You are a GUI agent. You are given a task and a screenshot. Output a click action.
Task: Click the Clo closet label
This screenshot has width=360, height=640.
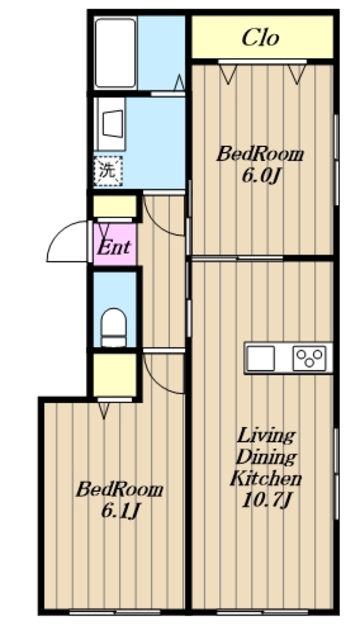point(260,38)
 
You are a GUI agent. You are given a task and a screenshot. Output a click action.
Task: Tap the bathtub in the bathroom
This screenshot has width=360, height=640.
point(115,52)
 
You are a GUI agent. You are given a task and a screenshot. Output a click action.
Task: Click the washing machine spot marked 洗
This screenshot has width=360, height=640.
point(108,171)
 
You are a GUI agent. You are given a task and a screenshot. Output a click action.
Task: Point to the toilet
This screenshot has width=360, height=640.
point(113,327)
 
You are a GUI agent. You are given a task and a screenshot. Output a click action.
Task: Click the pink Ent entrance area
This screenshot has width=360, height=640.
point(114,246)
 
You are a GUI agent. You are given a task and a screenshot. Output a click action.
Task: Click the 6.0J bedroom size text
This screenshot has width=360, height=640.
point(261,176)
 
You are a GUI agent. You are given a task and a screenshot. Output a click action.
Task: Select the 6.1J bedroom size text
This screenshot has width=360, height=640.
point(120,510)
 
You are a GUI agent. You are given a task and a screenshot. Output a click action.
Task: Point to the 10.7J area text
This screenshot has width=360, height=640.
point(266,499)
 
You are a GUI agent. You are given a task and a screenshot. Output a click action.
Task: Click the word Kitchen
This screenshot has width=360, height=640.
point(266,478)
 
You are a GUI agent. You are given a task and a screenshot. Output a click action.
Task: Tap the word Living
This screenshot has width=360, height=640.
point(266,436)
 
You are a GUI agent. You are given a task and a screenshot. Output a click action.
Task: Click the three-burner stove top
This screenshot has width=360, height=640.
point(309,358)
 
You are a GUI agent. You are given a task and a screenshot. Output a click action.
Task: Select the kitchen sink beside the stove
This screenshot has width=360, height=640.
point(260,358)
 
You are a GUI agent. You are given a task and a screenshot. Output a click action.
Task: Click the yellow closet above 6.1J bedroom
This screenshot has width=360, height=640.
point(115,374)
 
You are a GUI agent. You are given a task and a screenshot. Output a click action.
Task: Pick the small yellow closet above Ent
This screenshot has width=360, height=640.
point(115,206)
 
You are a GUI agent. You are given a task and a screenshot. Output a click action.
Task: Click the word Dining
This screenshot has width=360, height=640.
point(266,458)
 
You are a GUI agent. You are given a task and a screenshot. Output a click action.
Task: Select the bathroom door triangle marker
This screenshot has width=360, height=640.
point(179,82)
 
